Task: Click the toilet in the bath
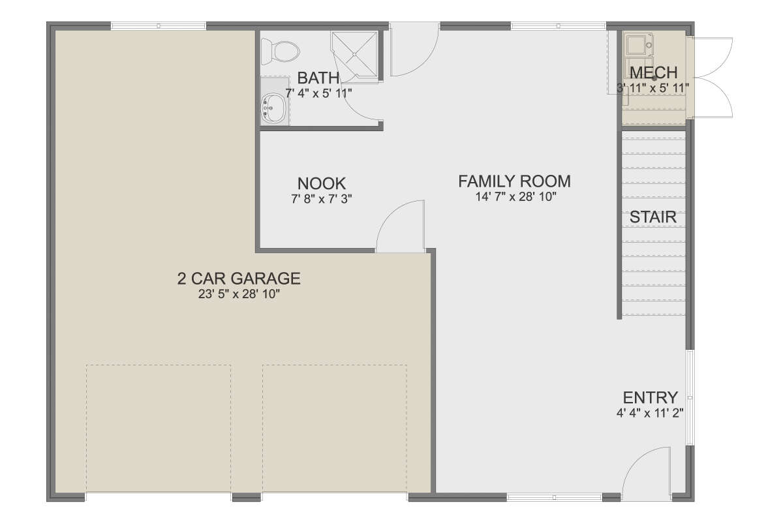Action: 280,52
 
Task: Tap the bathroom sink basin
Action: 273,108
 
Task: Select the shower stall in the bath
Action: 354,55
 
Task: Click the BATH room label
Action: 318,78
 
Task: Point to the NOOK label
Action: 322,183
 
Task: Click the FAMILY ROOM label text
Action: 515,181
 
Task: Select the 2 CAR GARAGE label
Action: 239,279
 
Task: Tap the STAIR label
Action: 653,217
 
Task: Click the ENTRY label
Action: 651,398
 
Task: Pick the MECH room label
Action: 654,72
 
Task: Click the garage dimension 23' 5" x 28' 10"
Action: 239,294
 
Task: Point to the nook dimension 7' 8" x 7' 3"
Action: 322,199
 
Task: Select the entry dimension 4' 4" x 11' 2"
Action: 650,413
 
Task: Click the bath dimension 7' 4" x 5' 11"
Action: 318,93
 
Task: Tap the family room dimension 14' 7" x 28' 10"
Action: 515,197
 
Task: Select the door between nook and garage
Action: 400,226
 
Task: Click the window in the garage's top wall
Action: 159,26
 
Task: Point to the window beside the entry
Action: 690,397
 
